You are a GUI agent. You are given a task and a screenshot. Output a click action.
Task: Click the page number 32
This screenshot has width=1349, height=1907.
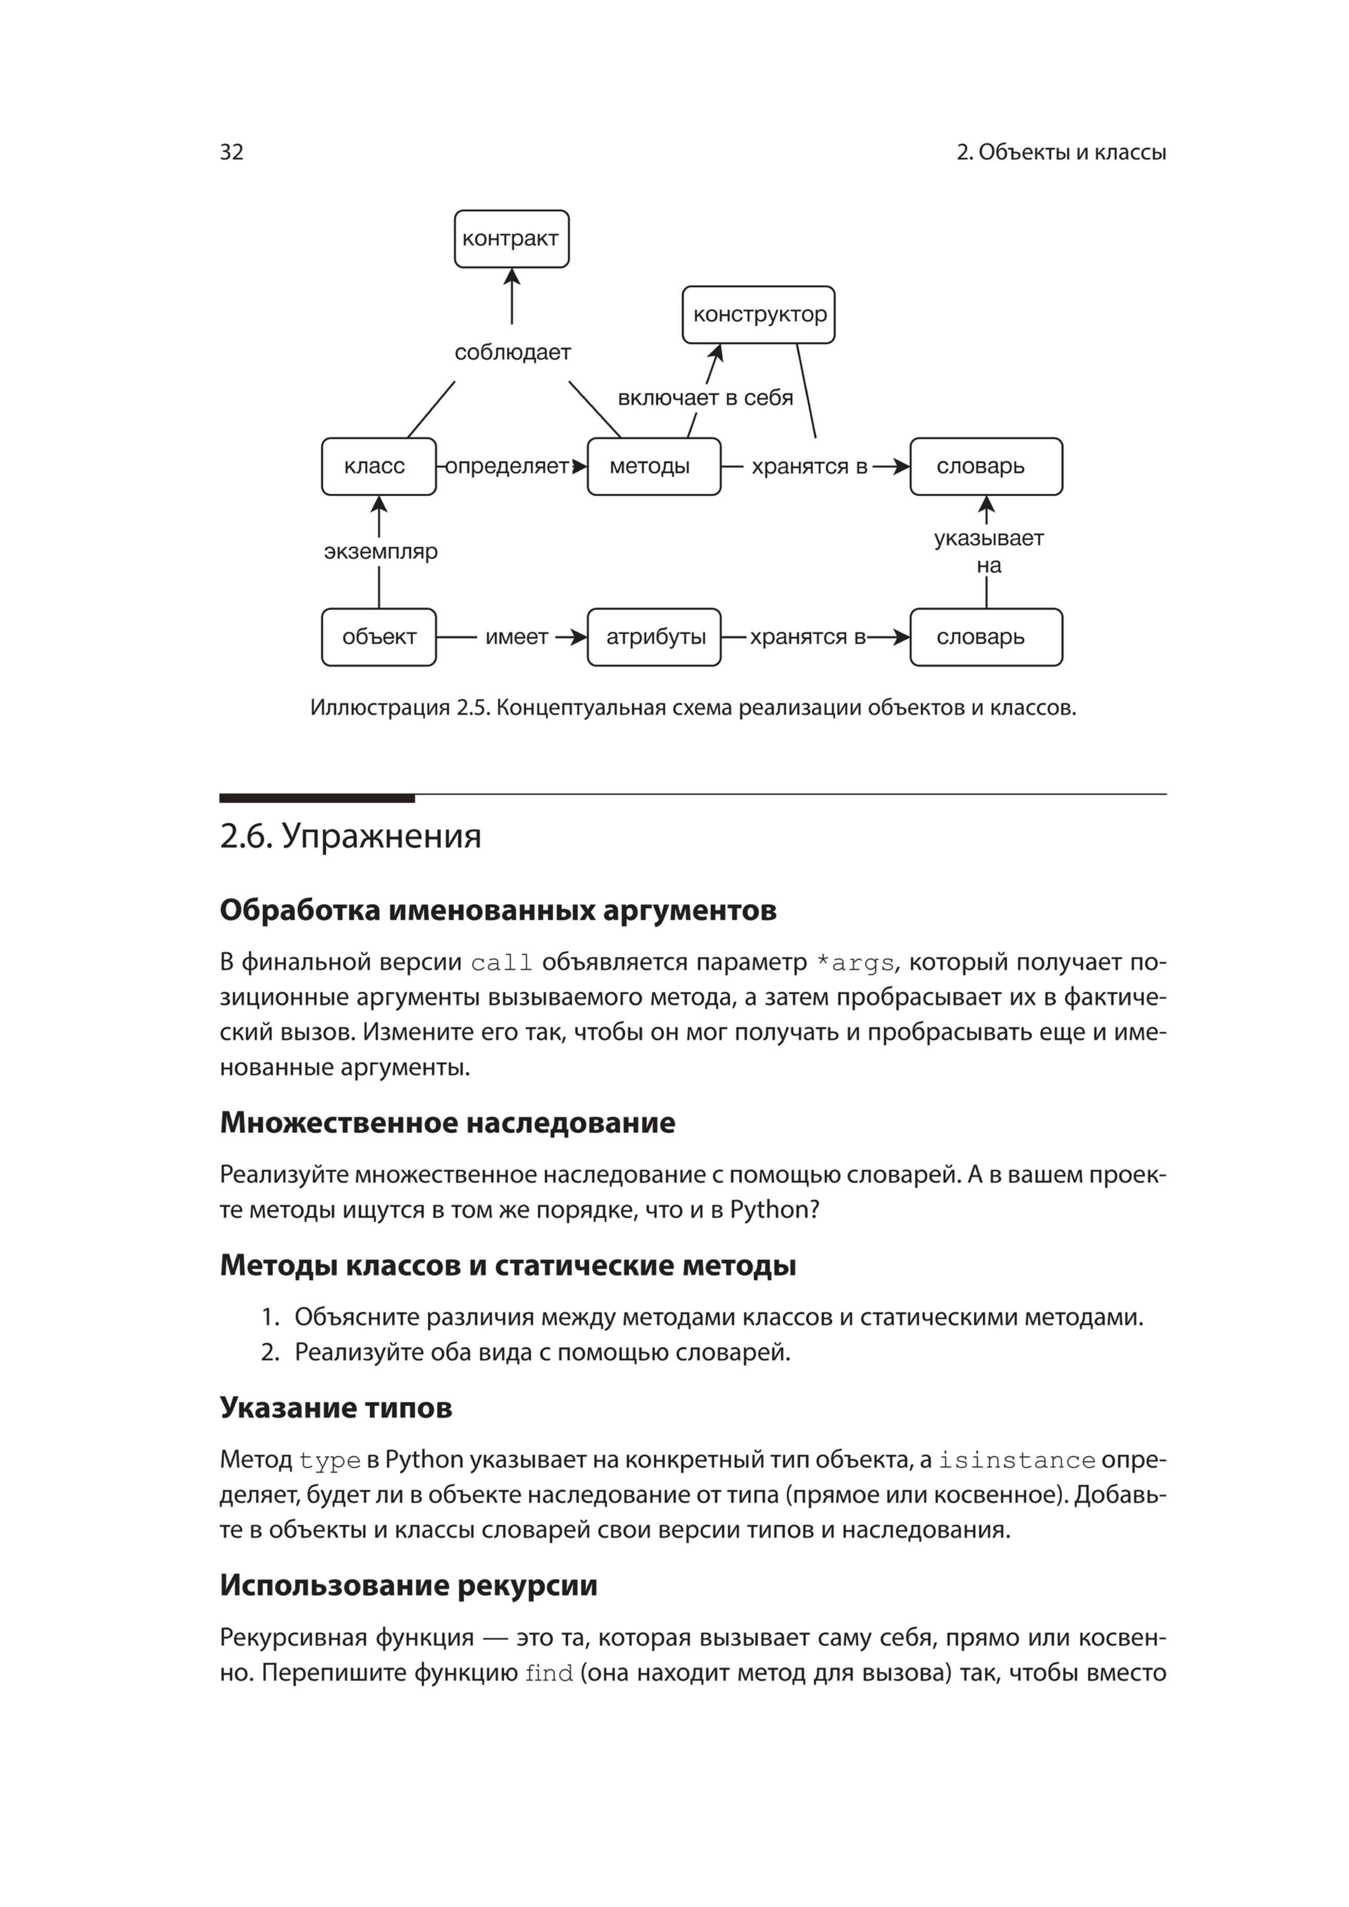coord(232,152)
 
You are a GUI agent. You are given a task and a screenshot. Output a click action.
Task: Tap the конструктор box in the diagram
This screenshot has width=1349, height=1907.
coord(758,315)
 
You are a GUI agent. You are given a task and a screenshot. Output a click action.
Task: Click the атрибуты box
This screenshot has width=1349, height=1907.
coord(654,637)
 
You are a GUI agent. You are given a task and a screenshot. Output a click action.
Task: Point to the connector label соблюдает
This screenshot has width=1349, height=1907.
coord(513,352)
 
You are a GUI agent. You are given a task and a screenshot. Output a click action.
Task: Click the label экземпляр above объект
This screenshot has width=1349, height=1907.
coord(380,552)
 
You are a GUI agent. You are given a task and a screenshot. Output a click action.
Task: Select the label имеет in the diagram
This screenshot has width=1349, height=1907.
coord(517,637)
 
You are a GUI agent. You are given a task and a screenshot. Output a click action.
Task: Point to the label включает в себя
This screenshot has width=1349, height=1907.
coord(705,398)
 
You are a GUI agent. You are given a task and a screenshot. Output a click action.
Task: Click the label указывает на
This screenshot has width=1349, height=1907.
coord(988,552)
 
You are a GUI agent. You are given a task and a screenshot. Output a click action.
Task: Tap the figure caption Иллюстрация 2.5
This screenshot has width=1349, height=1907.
coord(692,708)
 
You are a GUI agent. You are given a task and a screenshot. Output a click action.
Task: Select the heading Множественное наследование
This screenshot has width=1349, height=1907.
coord(447,1123)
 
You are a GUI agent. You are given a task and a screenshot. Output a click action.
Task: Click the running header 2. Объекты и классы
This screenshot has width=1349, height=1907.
coord(1061,152)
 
